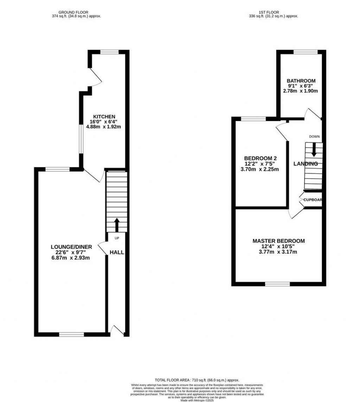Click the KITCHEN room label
click(x=104, y=117)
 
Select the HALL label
click(x=117, y=253)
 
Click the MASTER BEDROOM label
click(x=278, y=241)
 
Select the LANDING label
click(x=306, y=164)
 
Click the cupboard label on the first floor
click(x=313, y=200)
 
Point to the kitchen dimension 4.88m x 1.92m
click(x=104, y=127)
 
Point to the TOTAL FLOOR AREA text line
click(x=197, y=380)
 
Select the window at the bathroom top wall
click(x=306, y=52)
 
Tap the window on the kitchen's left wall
click(x=81, y=140)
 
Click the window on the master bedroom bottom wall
click(x=277, y=284)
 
